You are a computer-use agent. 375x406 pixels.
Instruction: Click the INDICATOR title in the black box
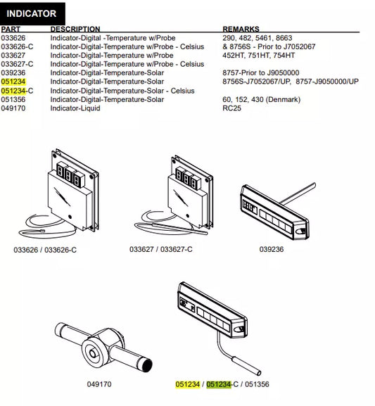point(32,13)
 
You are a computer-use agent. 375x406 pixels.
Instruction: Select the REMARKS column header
point(241,29)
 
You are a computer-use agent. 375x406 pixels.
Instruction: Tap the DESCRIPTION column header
point(75,29)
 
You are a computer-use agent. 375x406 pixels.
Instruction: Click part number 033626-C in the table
point(17,46)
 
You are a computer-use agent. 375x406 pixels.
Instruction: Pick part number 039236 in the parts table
point(13,72)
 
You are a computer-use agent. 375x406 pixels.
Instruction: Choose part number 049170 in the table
point(13,108)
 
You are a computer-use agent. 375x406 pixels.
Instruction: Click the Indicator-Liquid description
point(75,108)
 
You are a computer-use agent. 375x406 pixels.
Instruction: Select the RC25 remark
point(231,108)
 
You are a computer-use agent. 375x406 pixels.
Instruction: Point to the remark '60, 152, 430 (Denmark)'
point(261,99)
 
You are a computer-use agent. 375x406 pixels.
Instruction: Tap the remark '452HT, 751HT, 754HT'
point(258,55)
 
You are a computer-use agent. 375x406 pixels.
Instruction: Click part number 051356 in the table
point(13,99)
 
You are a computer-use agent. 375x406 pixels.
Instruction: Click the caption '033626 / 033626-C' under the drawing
point(45,250)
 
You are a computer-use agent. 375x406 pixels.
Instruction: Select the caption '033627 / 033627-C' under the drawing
point(161,249)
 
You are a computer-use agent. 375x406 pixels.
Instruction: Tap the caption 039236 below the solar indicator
point(272,249)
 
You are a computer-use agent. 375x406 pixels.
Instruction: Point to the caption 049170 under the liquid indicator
point(99,384)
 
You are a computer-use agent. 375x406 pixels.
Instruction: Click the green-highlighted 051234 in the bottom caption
point(219,384)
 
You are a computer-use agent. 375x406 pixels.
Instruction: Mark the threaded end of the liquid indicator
point(146,364)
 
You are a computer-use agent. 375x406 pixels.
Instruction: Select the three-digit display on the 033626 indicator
point(70,175)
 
